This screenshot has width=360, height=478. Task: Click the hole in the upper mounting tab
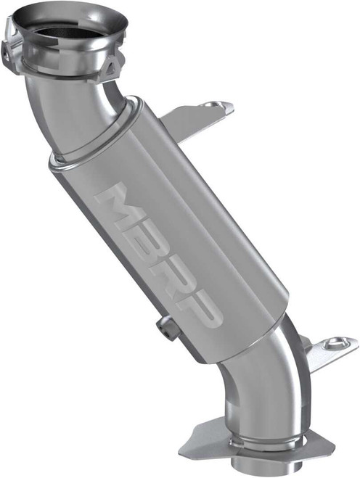click(x=211, y=106)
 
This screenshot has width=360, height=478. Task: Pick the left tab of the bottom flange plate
click(x=197, y=436)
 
